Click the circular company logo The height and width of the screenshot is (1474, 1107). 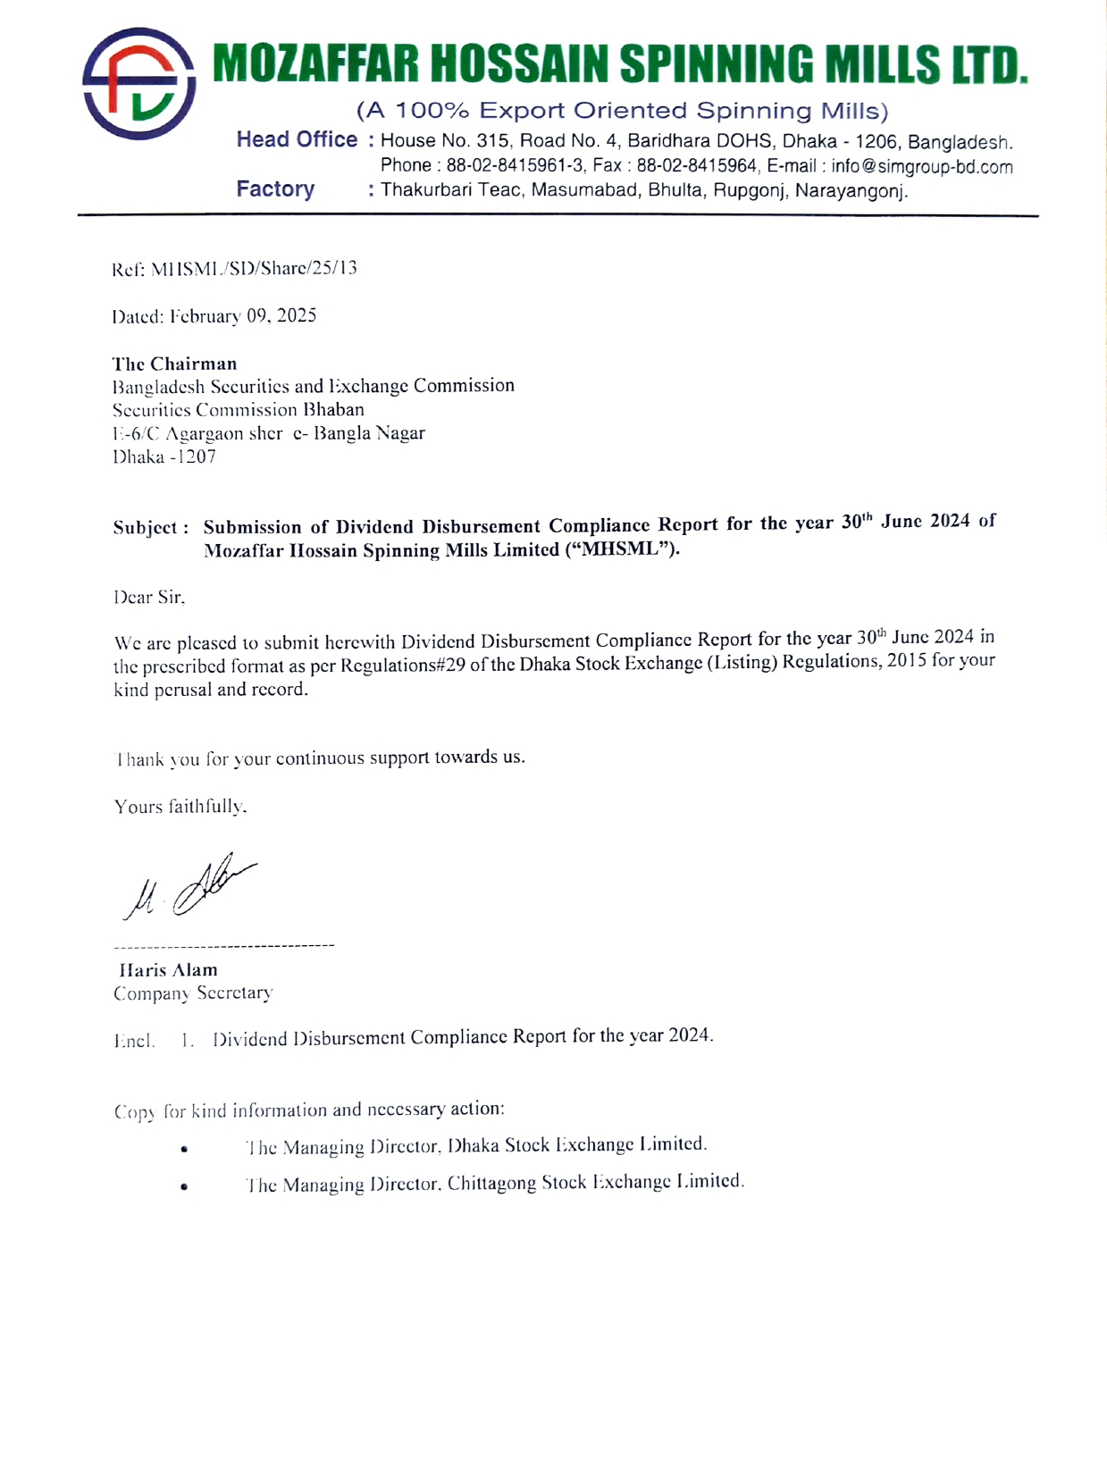pos(138,83)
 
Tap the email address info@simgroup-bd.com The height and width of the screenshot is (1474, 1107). pos(921,167)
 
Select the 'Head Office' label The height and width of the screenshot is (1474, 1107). pos(297,140)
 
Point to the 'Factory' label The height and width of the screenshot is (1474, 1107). pos(275,189)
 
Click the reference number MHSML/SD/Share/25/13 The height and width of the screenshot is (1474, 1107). pos(254,268)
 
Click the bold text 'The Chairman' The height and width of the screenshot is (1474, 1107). pos(175,364)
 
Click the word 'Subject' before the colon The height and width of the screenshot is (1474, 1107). pos(146,527)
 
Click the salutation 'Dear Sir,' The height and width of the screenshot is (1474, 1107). pos(149,598)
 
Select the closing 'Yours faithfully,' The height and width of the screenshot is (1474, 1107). pos(180,807)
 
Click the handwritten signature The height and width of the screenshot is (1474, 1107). pos(190,887)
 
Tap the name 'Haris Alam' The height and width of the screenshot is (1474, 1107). pos(169,970)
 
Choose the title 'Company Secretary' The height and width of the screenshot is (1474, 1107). pos(193,993)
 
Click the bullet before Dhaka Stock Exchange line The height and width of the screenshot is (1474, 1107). pos(184,1150)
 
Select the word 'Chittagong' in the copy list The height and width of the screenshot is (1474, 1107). pos(491,1184)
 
